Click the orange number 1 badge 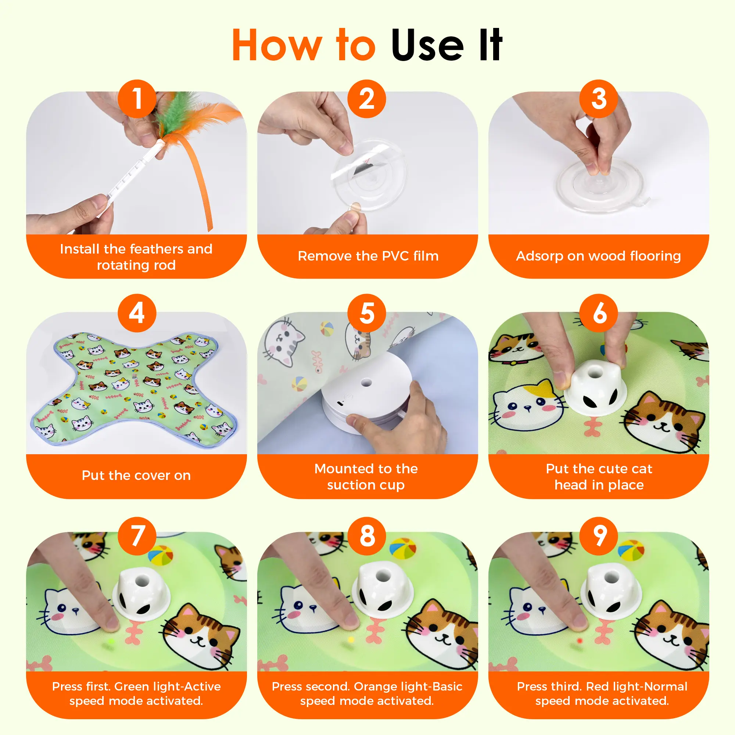click(x=137, y=98)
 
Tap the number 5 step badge click(x=367, y=313)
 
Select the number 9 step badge click(x=598, y=536)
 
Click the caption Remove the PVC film click(x=368, y=256)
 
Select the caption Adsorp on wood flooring click(x=598, y=256)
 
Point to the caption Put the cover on click(x=136, y=476)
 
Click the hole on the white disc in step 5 click(x=366, y=382)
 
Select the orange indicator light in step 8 click(x=351, y=640)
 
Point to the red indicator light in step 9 click(x=580, y=641)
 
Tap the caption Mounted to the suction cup click(x=366, y=477)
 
